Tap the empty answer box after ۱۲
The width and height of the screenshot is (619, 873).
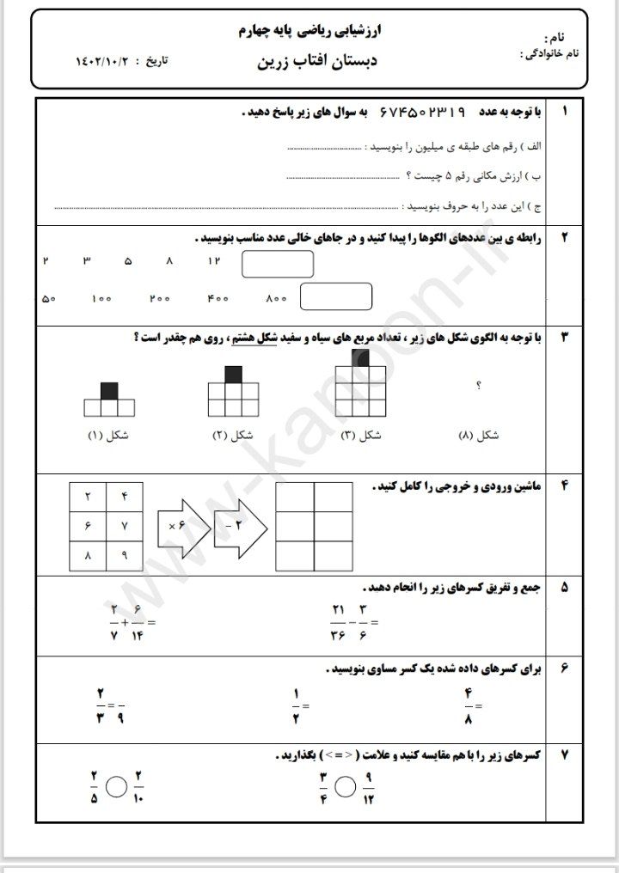pos(277,264)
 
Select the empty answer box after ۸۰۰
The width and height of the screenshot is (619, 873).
pos(335,297)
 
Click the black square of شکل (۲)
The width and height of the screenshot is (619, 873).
pos(233,374)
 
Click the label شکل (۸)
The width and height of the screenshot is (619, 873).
pos(478,436)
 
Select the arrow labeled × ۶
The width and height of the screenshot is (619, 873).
pos(182,525)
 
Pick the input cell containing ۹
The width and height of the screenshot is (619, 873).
pos(124,556)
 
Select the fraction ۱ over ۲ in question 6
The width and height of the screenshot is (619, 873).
pos(295,706)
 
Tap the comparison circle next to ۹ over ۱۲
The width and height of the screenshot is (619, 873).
pos(346,788)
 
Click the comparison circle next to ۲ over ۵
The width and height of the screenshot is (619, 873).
pos(117,788)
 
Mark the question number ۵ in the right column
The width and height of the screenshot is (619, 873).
pos(564,589)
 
